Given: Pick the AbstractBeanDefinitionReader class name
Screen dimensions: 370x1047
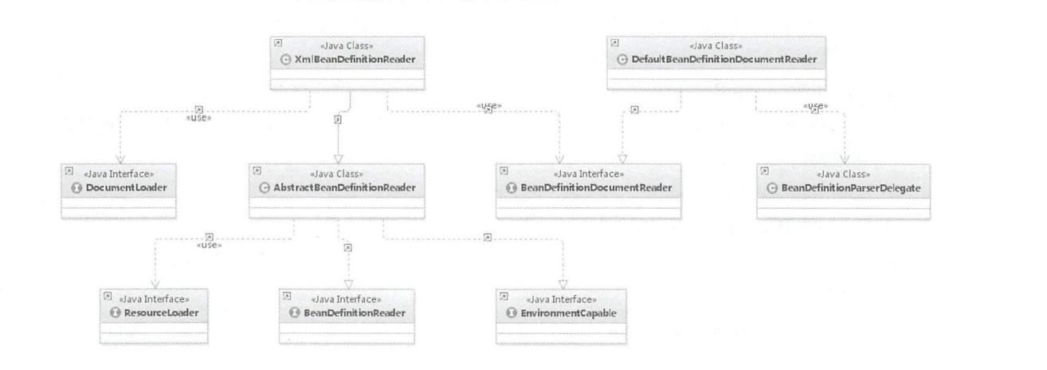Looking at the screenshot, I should tap(343, 187).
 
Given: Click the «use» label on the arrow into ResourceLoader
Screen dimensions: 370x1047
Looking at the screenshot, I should tap(208, 244).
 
